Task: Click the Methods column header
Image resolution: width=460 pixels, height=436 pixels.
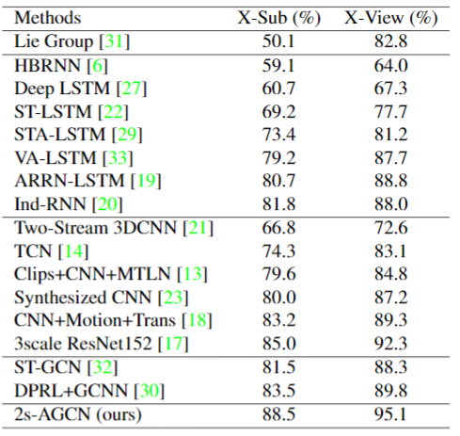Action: point(48,18)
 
